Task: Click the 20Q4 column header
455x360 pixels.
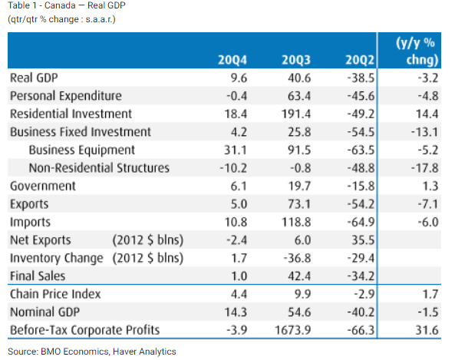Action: pyautogui.click(x=232, y=60)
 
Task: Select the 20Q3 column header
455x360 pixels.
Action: pyautogui.click(x=296, y=60)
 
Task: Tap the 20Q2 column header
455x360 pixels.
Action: pyautogui.click(x=360, y=60)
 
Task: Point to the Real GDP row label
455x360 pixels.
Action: pyautogui.click(x=34, y=78)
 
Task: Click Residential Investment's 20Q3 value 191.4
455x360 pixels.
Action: pyautogui.click(x=296, y=114)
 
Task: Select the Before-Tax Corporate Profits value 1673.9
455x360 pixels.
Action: pyautogui.click(x=292, y=330)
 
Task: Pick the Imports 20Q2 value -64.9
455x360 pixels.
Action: pyautogui.click(x=361, y=222)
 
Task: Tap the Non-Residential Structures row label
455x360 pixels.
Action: pyautogui.click(x=99, y=168)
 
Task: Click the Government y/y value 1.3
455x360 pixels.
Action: pyautogui.click(x=430, y=186)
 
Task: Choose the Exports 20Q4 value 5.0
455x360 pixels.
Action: pyautogui.click(x=239, y=204)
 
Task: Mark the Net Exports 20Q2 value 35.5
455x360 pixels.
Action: pyautogui.click(x=363, y=240)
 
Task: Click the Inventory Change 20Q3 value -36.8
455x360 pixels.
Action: pyautogui.click(x=297, y=258)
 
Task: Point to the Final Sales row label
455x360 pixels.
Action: pyautogui.click(x=38, y=276)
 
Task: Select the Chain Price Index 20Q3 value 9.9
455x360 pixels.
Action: pyautogui.click(x=302, y=294)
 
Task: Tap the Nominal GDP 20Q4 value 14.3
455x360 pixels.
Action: pyautogui.click(x=236, y=312)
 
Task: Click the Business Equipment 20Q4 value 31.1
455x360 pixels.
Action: pyautogui.click(x=236, y=150)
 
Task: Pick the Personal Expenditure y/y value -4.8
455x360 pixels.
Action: pyautogui.click(x=428, y=96)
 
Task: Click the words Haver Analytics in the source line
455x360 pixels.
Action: pyautogui.click(x=144, y=352)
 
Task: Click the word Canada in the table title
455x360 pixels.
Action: pyautogui.click(x=60, y=5)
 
